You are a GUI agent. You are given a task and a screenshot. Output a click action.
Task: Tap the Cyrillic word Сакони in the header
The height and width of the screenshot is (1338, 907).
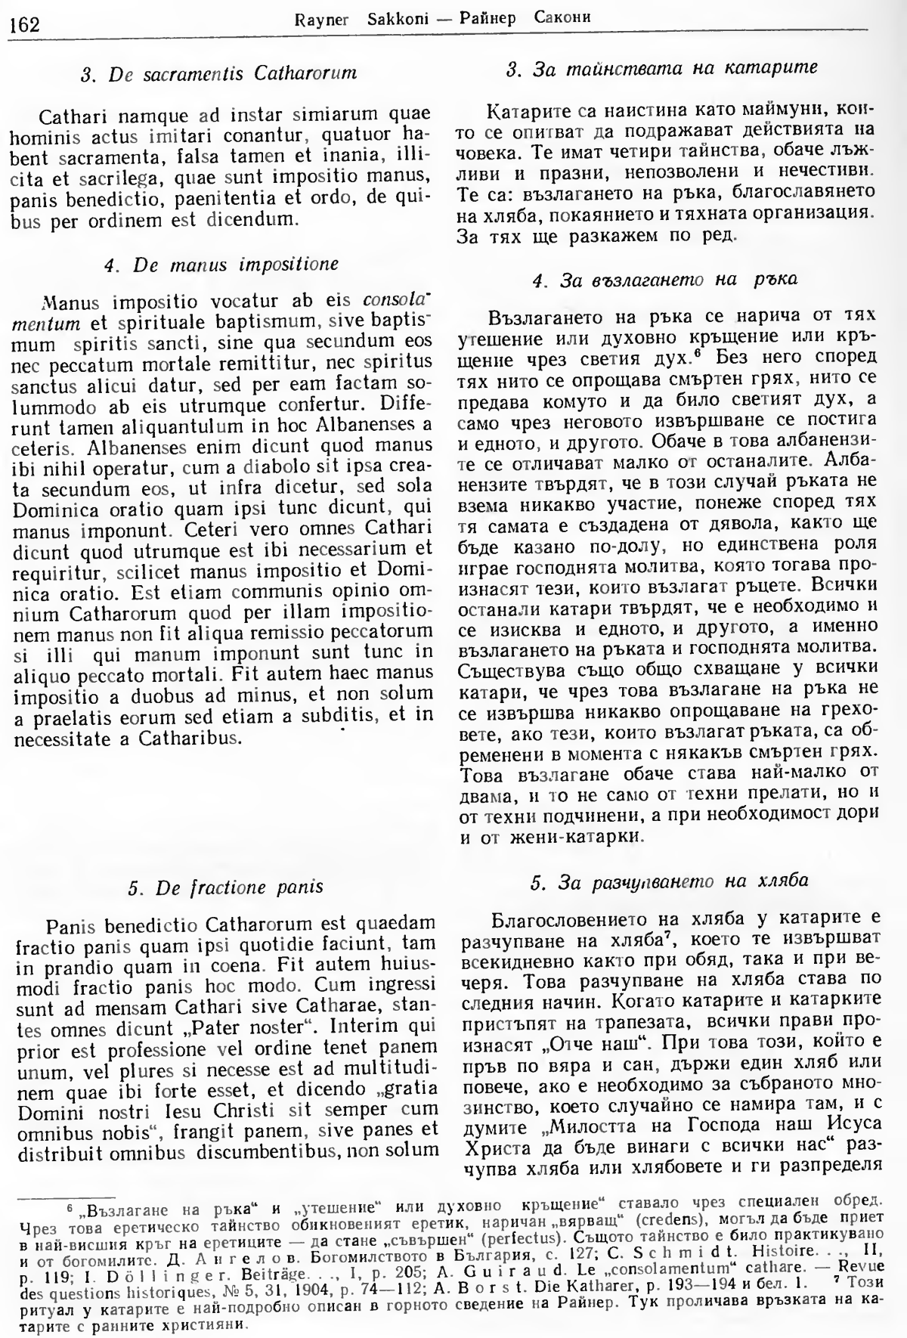click(x=563, y=18)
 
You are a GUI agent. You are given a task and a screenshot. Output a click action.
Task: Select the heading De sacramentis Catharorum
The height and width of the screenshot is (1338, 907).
click(x=218, y=74)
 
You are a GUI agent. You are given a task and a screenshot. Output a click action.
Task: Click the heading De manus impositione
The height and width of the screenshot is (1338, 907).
click(x=221, y=265)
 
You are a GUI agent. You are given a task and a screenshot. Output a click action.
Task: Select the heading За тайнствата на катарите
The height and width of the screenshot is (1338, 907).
click(x=662, y=69)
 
